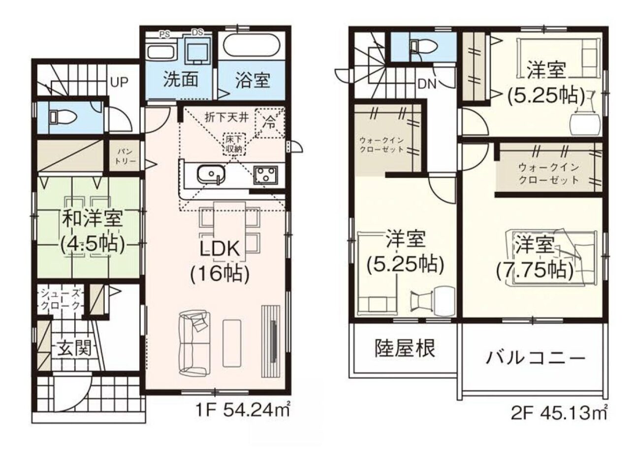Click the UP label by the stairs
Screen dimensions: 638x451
tap(119, 82)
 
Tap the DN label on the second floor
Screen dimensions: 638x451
tap(427, 84)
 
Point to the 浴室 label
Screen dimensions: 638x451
tap(253, 80)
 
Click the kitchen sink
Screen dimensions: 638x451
tap(211, 174)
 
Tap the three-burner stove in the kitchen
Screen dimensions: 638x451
tap(266, 175)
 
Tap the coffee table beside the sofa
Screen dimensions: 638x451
tap(232, 343)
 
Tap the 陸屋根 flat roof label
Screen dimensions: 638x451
tap(405, 348)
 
